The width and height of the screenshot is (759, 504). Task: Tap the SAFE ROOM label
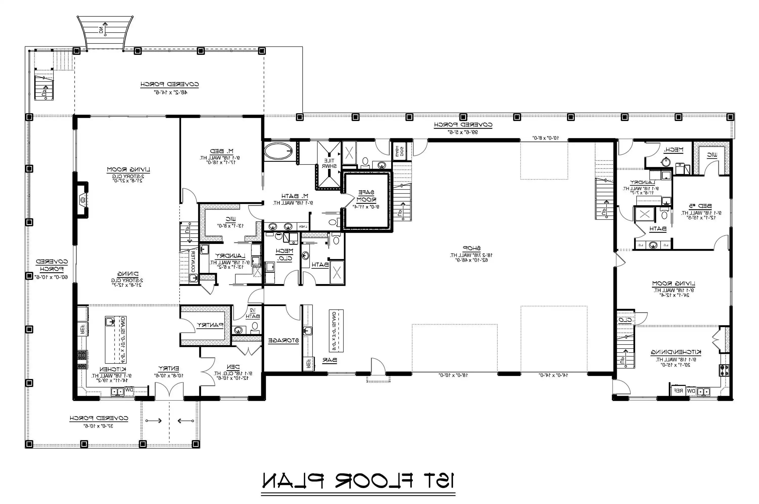click(x=366, y=195)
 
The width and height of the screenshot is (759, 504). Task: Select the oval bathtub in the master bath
click(x=278, y=151)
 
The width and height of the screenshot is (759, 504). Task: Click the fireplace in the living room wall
click(x=83, y=200)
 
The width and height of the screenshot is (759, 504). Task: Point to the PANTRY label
click(x=210, y=325)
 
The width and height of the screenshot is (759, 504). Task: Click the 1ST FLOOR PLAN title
click(x=358, y=480)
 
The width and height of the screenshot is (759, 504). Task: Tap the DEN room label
click(x=233, y=367)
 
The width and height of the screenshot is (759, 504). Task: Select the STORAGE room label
click(x=283, y=340)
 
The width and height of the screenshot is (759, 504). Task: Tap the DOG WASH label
click(x=399, y=151)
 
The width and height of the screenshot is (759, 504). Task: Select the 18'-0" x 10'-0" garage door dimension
click(x=453, y=375)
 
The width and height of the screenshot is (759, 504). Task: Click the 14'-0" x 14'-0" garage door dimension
click(x=553, y=375)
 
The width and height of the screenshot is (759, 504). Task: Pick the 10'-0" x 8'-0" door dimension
click(x=546, y=138)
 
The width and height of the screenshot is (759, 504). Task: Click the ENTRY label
click(x=168, y=368)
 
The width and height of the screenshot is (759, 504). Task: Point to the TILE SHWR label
click(x=329, y=163)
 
